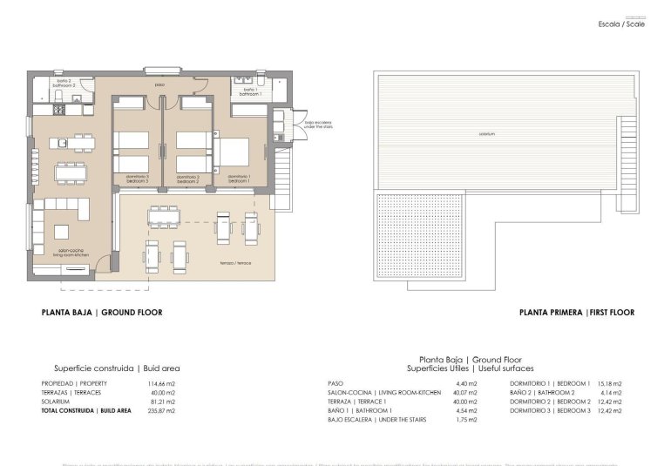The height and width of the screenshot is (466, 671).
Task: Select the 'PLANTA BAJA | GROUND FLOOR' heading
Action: [102, 313]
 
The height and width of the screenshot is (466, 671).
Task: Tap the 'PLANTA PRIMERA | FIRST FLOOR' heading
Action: [576, 313]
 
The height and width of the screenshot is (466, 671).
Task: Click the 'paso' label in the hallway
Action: [159, 84]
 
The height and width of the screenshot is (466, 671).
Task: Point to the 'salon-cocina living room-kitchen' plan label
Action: [71, 253]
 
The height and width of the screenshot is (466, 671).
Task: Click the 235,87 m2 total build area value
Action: [163, 409]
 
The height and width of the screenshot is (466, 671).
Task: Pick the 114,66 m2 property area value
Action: [163, 383]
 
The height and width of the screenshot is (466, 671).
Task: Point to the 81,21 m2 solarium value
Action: [163, 401]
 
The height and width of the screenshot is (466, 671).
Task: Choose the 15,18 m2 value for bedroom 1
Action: [609, 383]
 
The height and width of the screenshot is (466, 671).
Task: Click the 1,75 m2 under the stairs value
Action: [466, 419]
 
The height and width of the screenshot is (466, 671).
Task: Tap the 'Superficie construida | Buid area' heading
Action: [117, 368]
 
